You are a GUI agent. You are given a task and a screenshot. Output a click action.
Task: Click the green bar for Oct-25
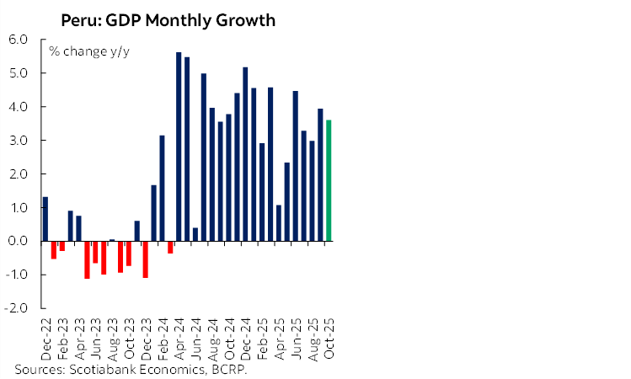[329, 180]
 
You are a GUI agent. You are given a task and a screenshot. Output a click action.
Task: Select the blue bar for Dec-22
[45, 219]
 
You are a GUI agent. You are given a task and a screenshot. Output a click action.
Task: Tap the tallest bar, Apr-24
[179, 147]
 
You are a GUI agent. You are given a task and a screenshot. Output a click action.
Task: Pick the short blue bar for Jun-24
[195, 234]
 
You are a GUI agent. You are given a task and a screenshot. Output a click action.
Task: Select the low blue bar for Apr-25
[279, 223]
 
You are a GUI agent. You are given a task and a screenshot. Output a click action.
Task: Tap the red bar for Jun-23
[95, 252]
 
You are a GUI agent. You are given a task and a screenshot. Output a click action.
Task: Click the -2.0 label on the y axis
[19, 309]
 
